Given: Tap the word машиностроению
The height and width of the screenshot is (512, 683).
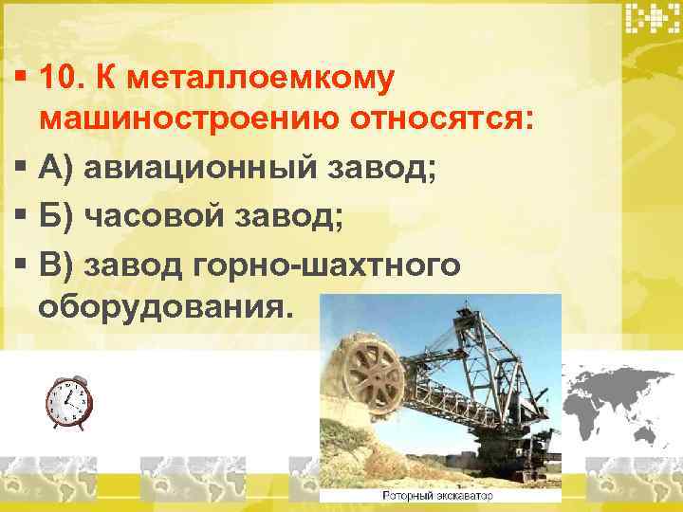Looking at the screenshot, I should (x=191, y=122).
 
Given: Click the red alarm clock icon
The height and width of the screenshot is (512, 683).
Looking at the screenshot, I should (x=68, y=403).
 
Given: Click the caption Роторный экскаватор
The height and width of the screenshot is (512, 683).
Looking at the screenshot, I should (x=440, y=495).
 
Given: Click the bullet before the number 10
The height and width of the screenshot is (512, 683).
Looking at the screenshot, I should (x=20, y=79).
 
